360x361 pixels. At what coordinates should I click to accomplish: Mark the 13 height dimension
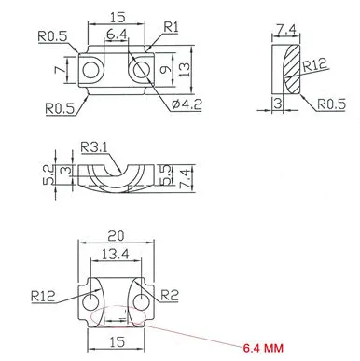(187, 70)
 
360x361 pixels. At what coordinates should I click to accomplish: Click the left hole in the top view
(91, 70)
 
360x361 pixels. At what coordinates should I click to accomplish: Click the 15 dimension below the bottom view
(116, 342)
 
